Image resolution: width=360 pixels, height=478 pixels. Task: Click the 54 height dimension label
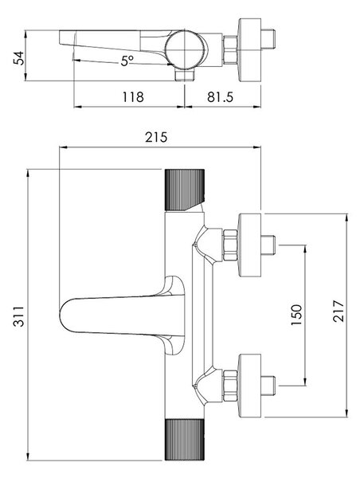(x=19, y=57)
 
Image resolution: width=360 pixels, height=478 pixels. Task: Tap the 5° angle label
(x=127, y=61)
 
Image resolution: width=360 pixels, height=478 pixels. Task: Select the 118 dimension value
(x=133, y=97)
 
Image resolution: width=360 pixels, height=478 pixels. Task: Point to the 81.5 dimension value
(x=220, y=97)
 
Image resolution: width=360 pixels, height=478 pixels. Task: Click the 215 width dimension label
(x=156, y=137)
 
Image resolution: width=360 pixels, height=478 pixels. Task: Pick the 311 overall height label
(x=19, y=316)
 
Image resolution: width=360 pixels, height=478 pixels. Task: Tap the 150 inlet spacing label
(x=296, y=315)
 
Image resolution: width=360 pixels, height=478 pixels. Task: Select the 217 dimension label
(x=338, y=311)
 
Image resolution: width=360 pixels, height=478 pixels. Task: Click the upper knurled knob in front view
(x=185, y=190)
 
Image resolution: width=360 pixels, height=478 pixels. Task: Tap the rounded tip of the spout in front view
(x=61, y=315)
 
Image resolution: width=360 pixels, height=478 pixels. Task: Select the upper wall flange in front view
(x=250, y=245)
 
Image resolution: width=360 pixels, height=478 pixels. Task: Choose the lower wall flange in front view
(x=250, y=386)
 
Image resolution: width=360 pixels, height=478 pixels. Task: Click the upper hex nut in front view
(x=230, y=245)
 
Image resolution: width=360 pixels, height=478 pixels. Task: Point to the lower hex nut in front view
(x=230, y=386)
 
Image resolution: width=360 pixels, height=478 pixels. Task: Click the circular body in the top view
(x=185, y=49)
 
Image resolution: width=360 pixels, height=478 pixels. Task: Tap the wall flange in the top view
(x=250, y=50)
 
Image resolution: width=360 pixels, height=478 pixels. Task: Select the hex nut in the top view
(x=230, y=50)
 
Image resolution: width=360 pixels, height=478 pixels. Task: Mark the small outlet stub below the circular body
(x=185, y=74)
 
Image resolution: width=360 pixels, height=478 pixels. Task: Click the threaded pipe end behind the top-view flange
(x=268, y=39)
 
